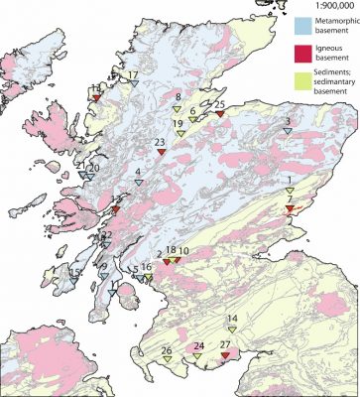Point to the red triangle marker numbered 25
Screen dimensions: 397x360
(x=219, y=114)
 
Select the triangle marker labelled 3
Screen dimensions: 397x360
(x=287, y=132)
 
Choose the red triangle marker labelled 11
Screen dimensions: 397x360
(x=94, y=98)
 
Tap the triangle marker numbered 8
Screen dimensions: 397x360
(x=178, y=106)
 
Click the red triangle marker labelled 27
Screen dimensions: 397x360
(x=225, y=355)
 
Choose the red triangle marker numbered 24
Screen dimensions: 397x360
(x=198, y=357)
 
